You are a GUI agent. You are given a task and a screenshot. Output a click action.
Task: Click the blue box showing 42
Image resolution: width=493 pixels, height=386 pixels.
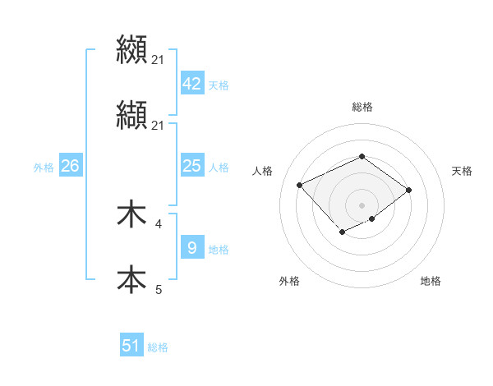[191, 84]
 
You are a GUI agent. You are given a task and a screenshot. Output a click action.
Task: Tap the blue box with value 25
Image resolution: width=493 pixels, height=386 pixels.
[191, 166]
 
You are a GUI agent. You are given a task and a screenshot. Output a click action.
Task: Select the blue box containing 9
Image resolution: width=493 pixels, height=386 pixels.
[191, 247]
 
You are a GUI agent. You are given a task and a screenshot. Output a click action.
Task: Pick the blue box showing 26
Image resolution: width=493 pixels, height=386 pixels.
[70, 166]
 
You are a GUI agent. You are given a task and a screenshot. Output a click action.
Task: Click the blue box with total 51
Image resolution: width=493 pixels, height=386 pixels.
[131, 346]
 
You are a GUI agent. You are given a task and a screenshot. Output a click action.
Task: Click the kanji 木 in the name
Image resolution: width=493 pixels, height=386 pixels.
[131, 215]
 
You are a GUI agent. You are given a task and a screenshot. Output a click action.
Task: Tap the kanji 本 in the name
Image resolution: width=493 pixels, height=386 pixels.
[131, 279]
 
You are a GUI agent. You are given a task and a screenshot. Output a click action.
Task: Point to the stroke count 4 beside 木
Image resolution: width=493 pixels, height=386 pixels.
[159, 223]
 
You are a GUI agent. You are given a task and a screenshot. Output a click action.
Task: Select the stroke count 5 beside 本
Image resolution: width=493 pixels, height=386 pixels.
[159, 289]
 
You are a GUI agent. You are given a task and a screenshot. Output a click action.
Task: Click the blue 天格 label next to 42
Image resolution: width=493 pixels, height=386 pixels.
[219, 85]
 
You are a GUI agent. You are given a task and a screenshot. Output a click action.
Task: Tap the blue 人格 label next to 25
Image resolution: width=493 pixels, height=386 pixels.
[219, 168]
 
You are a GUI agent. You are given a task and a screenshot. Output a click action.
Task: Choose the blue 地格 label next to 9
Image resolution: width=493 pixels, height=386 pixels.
[219, 249]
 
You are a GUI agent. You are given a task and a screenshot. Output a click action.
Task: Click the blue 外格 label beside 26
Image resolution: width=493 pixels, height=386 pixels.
[44, 168]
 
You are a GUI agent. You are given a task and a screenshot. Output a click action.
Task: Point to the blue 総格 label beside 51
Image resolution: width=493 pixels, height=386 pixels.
[158, 347]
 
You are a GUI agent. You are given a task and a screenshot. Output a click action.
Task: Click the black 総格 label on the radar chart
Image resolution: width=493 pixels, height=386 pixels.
[362, 107]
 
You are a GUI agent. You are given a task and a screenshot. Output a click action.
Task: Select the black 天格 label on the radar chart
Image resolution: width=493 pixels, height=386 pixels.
[462, 171]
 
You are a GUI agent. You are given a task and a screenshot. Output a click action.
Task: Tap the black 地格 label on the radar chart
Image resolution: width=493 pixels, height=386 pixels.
[431, 281]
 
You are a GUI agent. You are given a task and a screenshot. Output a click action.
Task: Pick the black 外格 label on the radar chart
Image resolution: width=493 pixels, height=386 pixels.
[289, 281]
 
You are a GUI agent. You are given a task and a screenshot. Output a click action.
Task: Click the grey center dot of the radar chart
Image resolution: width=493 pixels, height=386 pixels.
[362, 204]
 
